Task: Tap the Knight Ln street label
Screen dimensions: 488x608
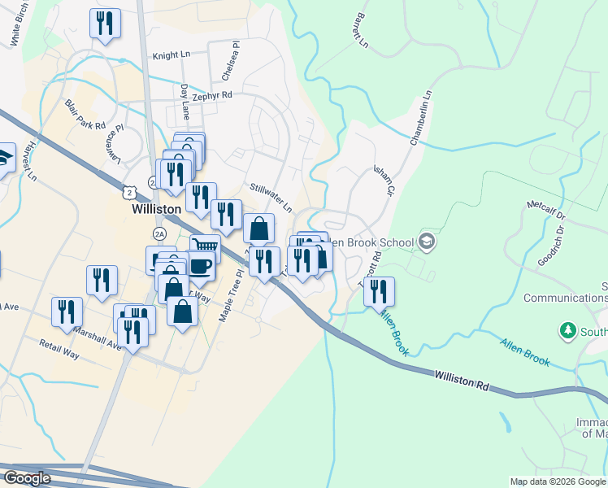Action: [x=171, y=55]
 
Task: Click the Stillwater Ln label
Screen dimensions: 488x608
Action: [x=271, y=198]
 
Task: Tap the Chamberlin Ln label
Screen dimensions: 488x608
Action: [x=422, y=119]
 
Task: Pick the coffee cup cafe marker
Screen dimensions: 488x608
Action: [x=200, y=264]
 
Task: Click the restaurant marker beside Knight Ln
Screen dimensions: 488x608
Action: [x=105, y=24]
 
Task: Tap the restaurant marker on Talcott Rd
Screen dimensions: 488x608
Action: [x=379, y=291]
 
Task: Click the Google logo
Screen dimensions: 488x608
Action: [x=28, y=478]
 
